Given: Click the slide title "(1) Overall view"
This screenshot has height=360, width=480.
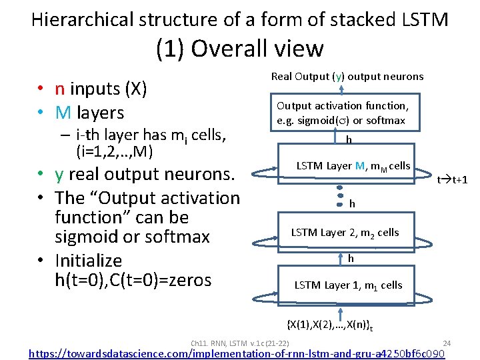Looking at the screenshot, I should coord(239,49).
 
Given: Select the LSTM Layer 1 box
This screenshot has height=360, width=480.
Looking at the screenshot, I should coord(348,285).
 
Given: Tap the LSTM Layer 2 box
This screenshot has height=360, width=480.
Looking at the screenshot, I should coord(345,233).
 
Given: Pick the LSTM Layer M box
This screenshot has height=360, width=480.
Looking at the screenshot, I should coord(353,166).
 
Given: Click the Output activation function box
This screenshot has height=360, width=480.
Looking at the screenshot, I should coord(341,113).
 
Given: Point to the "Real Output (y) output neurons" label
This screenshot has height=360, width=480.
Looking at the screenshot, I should coord(347,76).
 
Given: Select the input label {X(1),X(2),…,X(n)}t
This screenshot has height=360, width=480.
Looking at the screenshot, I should coord(329,325).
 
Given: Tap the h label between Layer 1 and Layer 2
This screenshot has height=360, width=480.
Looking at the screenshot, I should coord(351,259).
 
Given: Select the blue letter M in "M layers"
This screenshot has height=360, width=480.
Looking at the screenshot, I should coord(63,113).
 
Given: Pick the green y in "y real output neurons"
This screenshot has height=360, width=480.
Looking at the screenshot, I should coord(60,175).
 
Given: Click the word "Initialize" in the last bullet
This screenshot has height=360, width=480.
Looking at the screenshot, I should coord(89,260).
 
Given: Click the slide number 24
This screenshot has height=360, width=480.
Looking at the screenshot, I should coord(447,343).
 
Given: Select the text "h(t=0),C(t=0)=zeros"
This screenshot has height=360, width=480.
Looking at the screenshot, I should coord(133,280).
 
